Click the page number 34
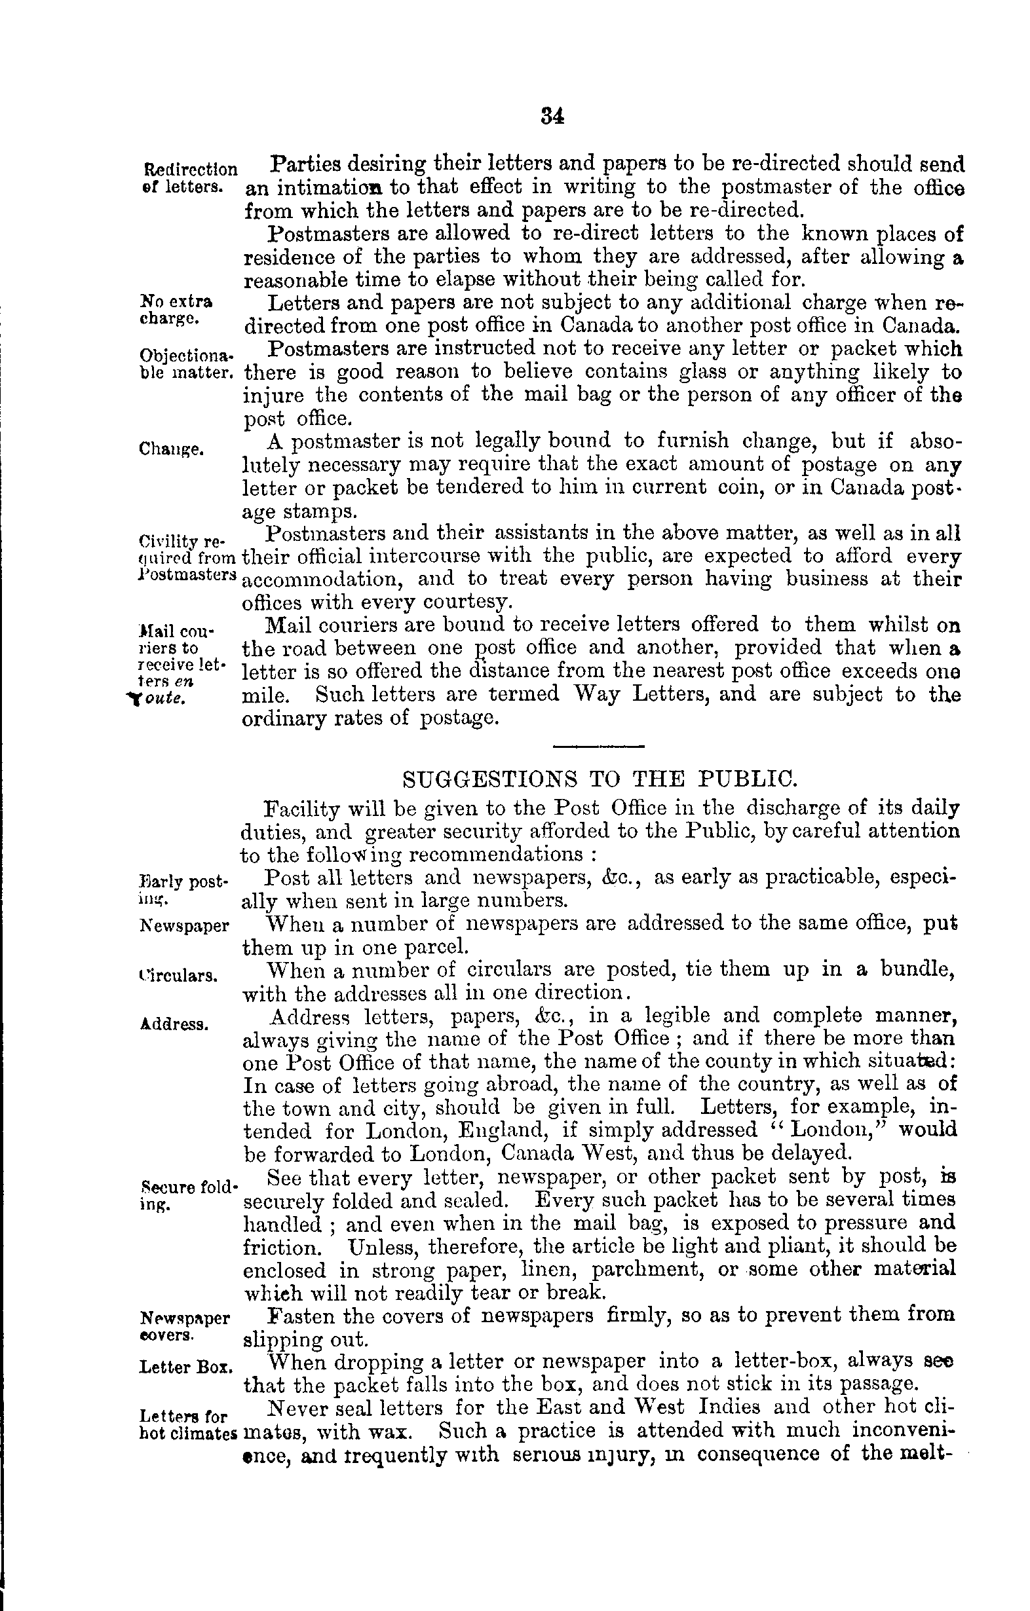coord(552,117)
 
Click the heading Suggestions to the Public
coord(598,779)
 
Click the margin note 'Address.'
coord(174,1024)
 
